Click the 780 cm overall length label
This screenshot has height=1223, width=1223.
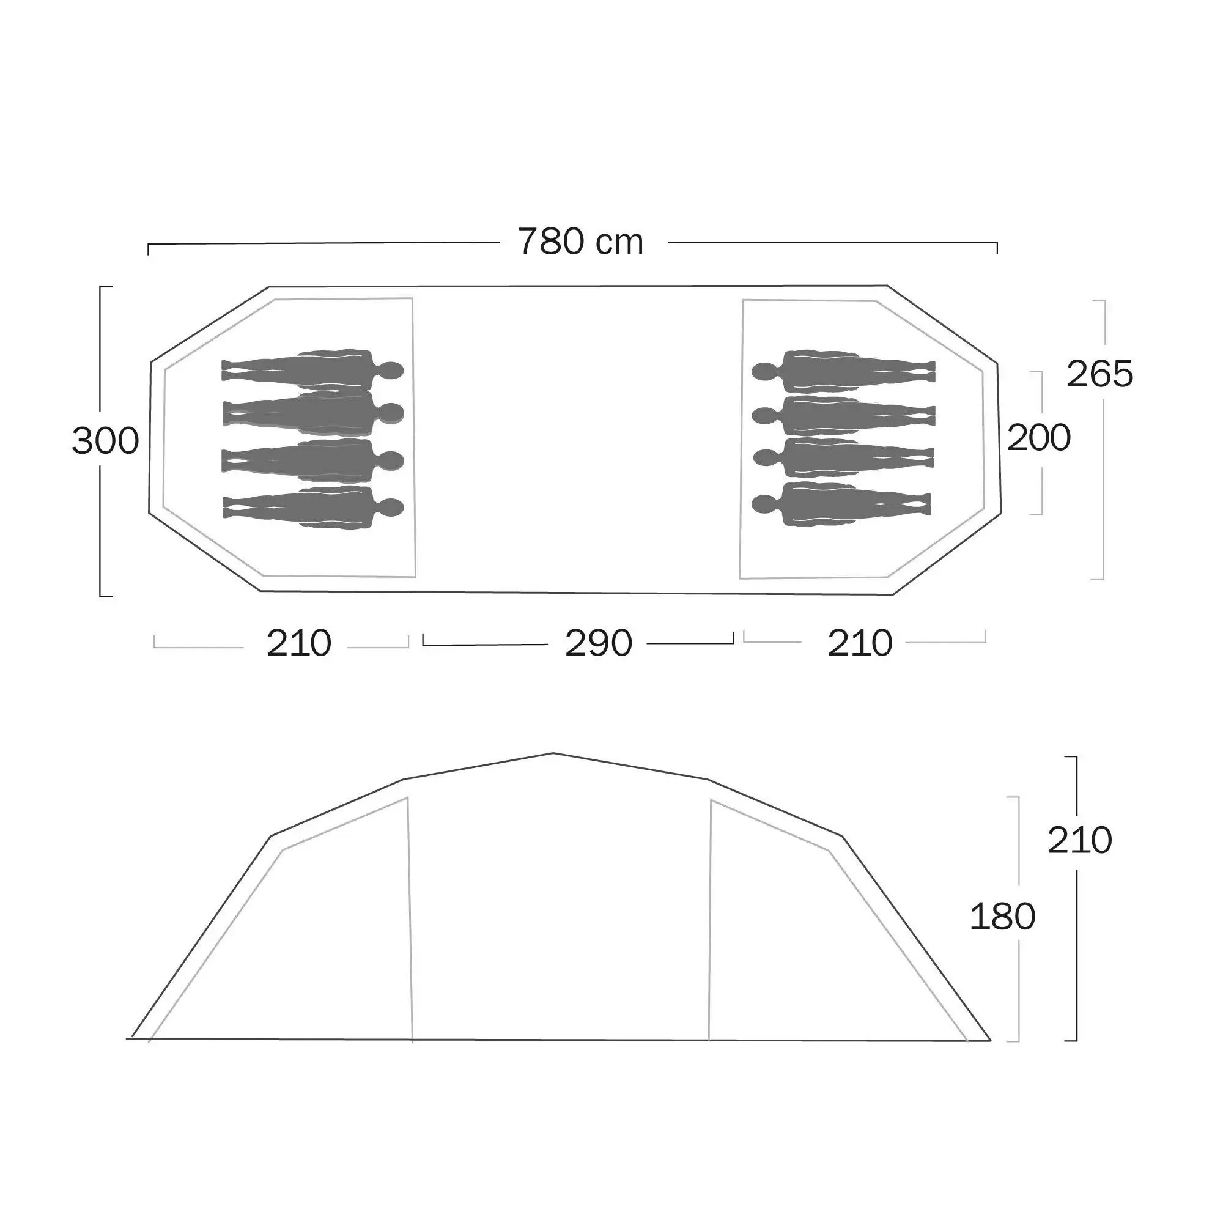[580, 242]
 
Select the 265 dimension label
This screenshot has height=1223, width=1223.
[1099, 374]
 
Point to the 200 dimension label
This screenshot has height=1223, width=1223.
[1039, 437]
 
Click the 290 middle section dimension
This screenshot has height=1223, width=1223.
[598, 643]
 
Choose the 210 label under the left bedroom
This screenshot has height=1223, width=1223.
[299, 643]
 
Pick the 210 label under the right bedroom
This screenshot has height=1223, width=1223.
[860, 643]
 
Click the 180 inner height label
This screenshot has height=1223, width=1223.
[1002, 916]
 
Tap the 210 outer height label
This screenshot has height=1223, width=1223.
[1079, 840]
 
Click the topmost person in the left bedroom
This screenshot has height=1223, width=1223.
[312, 370]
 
